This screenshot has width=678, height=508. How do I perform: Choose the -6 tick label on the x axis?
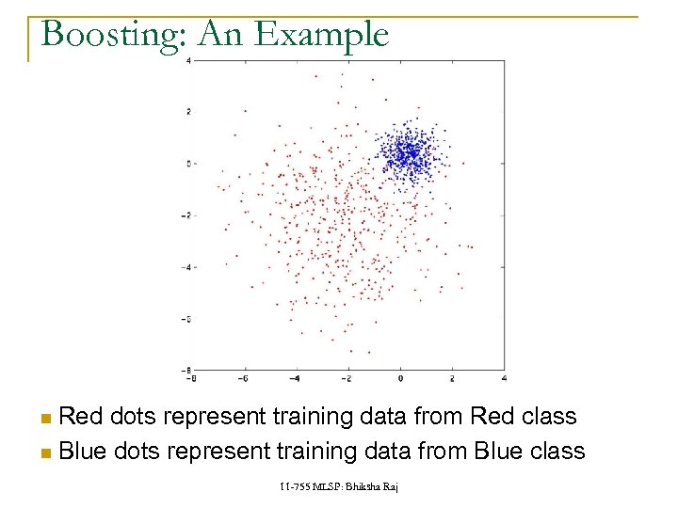click(244, 378)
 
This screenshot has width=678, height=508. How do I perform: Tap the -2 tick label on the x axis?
click(347, 378)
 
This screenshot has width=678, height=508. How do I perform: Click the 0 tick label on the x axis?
click(400, 378)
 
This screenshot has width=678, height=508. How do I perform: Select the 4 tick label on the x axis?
click(506, 378)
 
